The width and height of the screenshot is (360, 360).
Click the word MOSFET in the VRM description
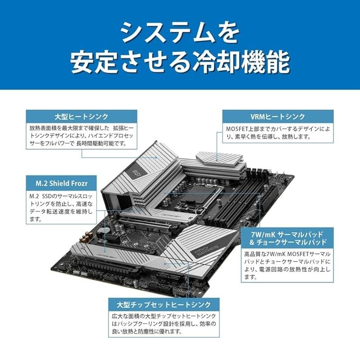pos(238,129)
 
